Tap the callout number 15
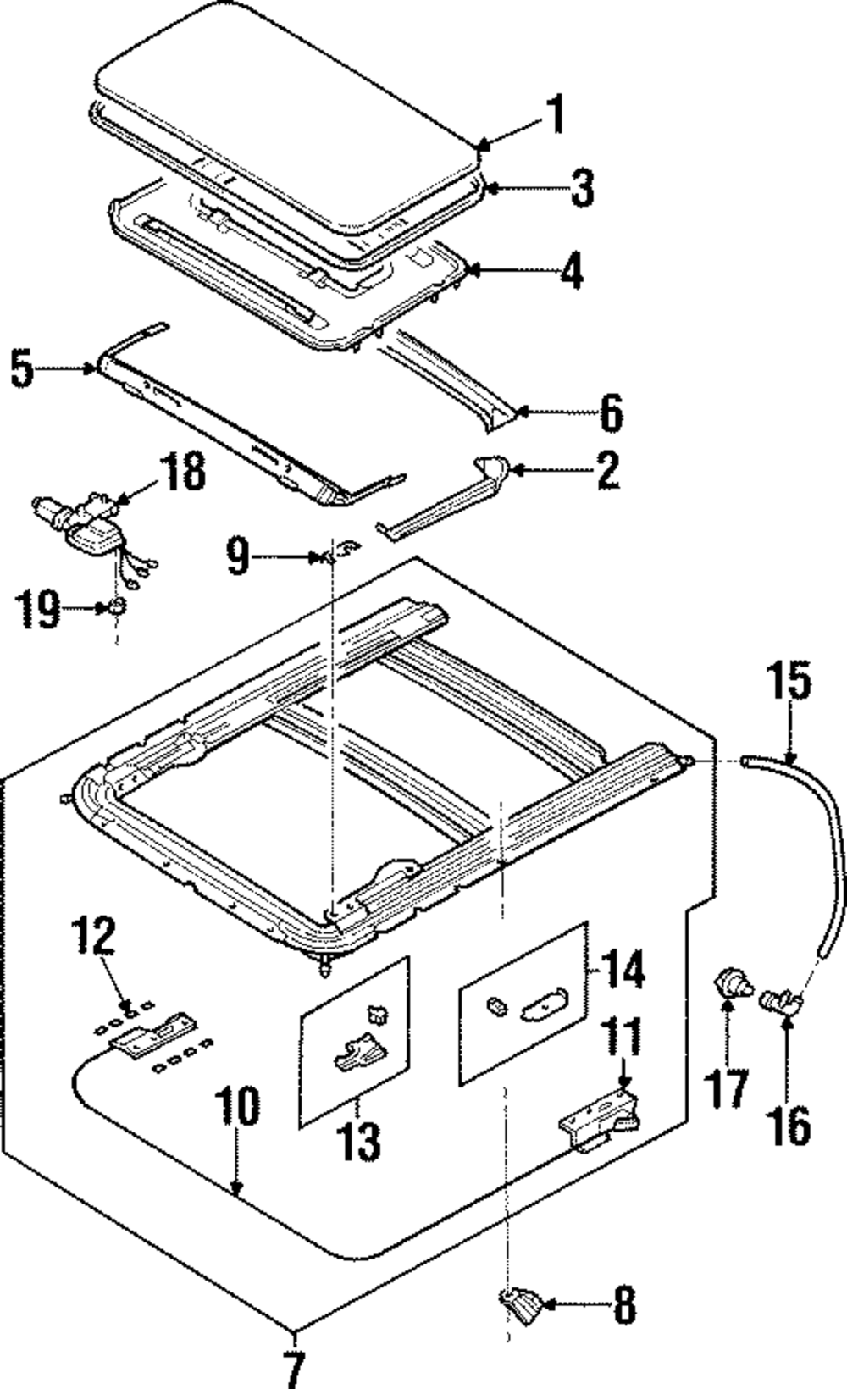[x=789, y=683]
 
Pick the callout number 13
[x=357, y=1142]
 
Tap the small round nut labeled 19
[x=118, y=605]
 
